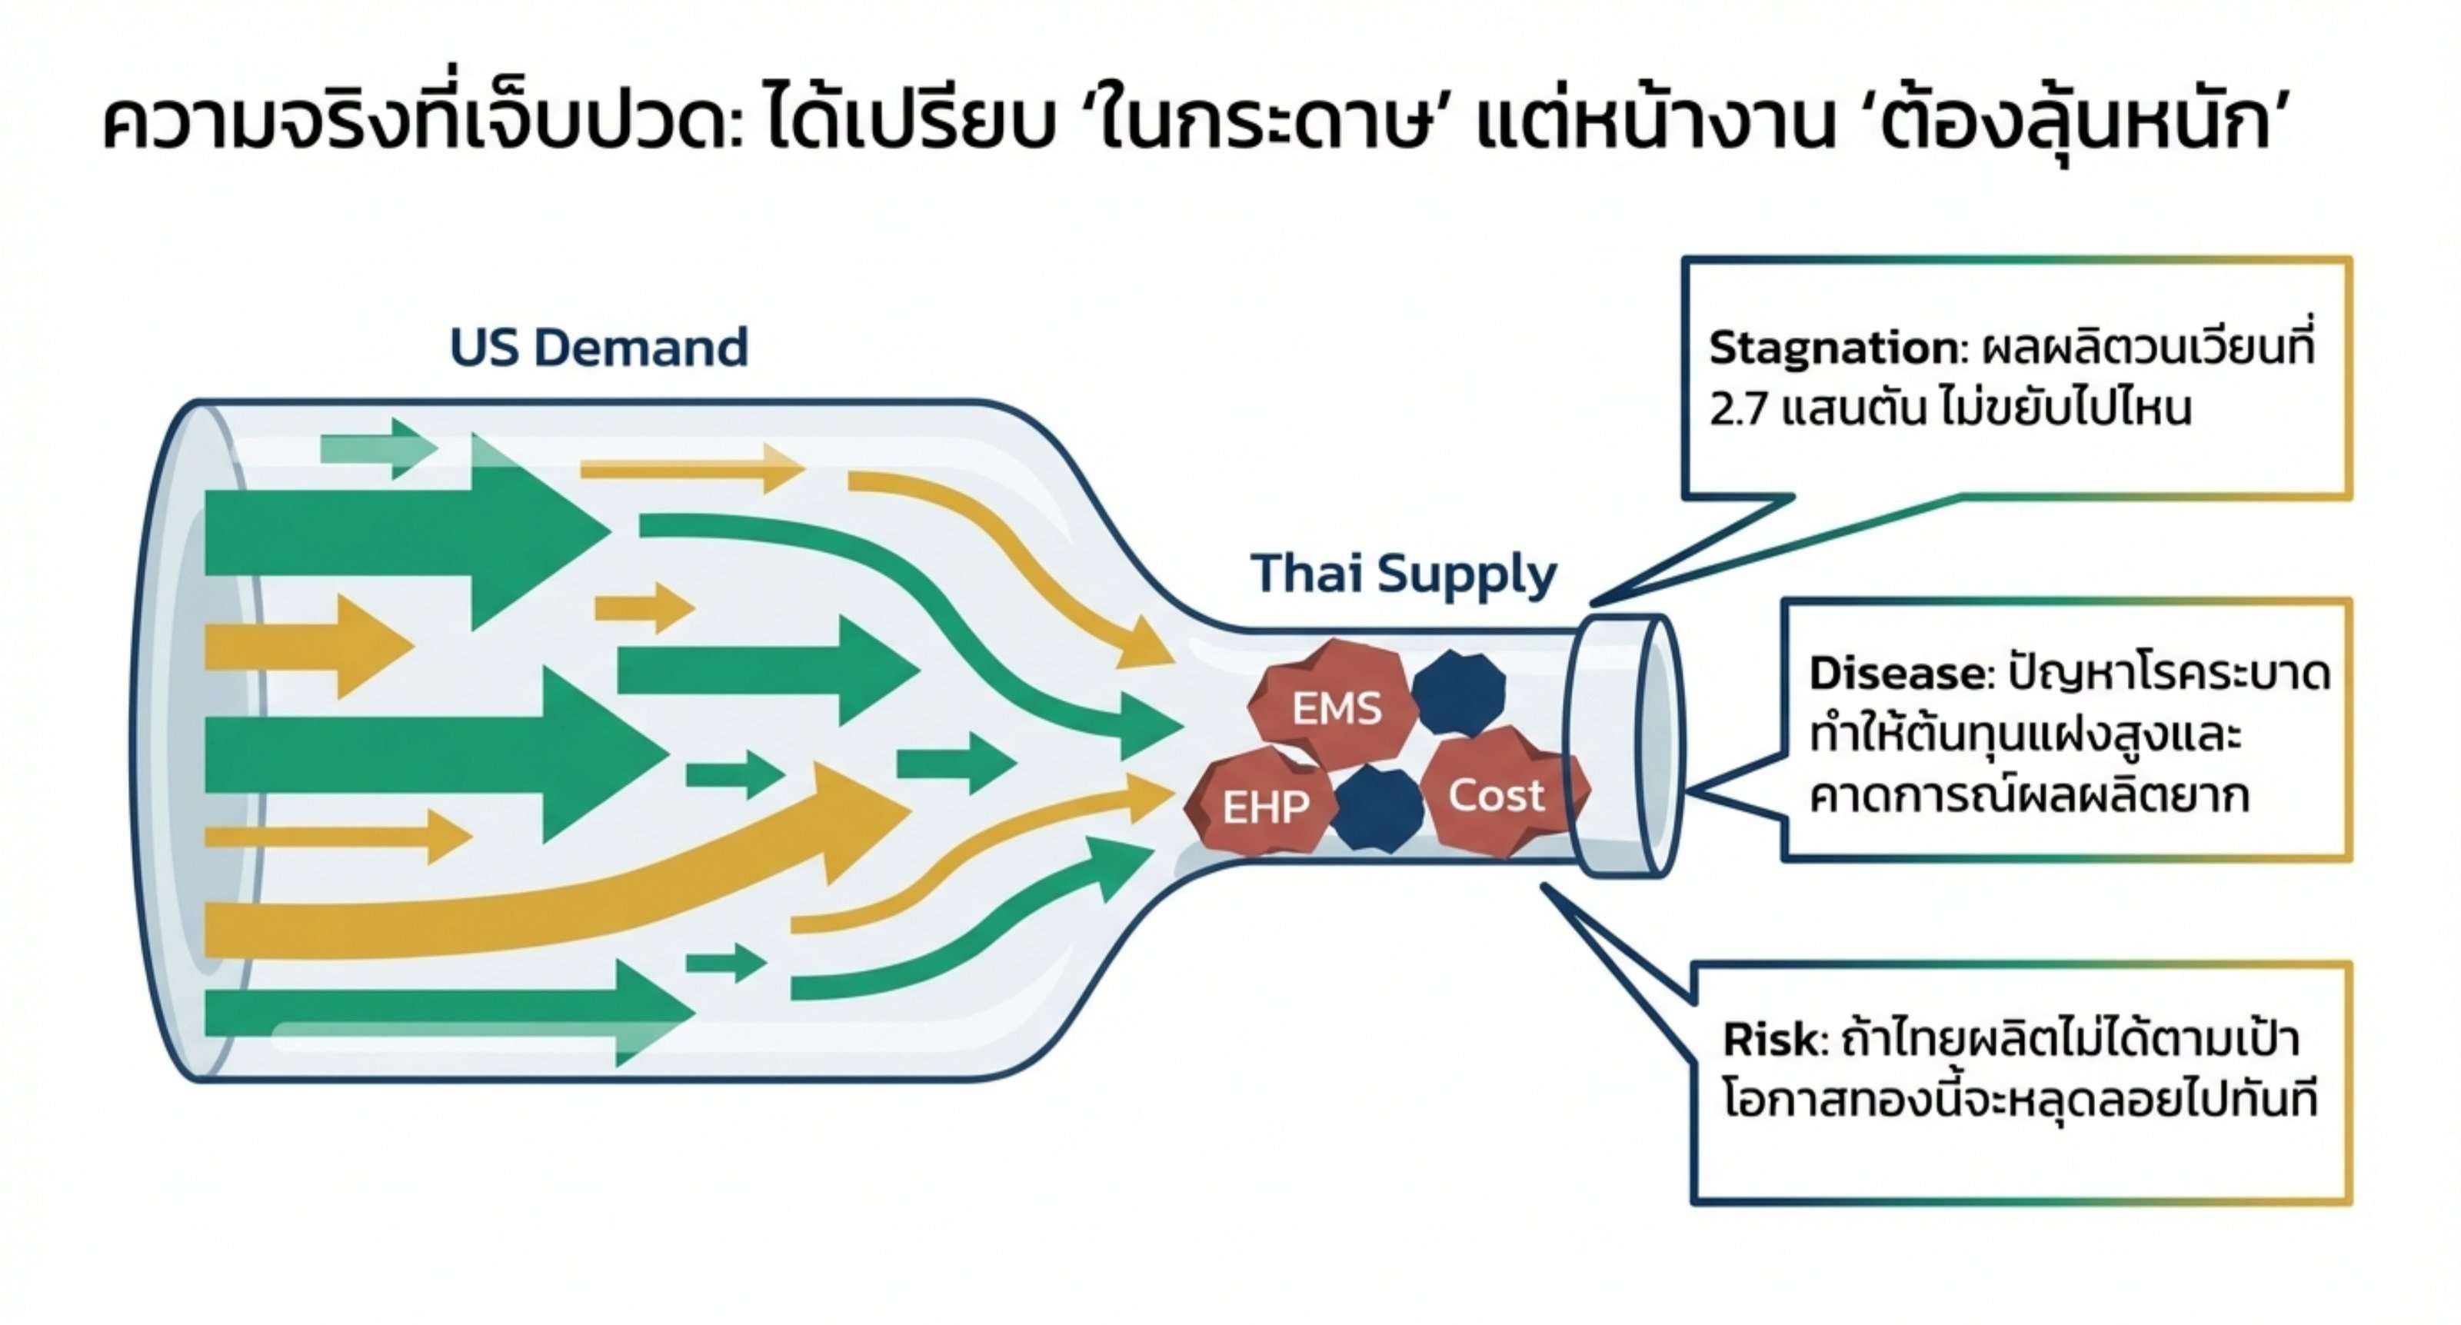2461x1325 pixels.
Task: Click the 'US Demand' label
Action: click(598, 347)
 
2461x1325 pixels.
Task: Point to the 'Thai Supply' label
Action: click(1404, 575)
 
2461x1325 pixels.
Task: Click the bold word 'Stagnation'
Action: click(1833, 348)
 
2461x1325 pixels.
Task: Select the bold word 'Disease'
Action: click(1897, 674)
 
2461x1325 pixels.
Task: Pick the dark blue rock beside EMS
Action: click(1458, 693)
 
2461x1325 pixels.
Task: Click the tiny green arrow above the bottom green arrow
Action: click(726, 962)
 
